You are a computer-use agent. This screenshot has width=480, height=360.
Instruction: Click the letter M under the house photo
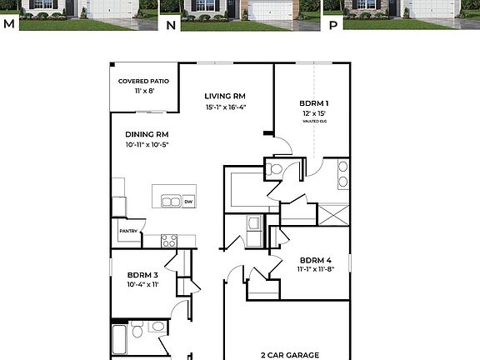click(x=9, y=24)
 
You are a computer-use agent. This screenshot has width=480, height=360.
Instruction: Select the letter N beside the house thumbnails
click(x=171, y=24)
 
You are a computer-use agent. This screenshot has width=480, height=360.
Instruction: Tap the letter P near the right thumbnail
click(x=334, y=24)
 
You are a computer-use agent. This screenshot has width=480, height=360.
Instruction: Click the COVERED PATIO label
click(x=143, y=81)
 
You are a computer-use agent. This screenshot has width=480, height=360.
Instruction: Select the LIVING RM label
click(x=226, y=96)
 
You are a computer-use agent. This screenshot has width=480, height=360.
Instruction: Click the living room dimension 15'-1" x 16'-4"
click(x=226, y=107)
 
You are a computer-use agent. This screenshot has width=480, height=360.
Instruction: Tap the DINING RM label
click(x=147, y=134)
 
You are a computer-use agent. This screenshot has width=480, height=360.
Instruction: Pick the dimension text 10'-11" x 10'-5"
click(x=147, y=145)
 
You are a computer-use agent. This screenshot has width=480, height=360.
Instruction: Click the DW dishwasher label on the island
click(x=188, y=202)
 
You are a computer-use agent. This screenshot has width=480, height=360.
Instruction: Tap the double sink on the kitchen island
click(x=171, y=202)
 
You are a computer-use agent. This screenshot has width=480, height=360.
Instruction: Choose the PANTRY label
click(x=127, y=231)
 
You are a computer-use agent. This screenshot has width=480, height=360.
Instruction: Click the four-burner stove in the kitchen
click(x=168, y=241)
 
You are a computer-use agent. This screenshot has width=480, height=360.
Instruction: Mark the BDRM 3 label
click(x=143, y=275)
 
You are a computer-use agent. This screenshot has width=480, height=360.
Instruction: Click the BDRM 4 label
click(x=316, y=259)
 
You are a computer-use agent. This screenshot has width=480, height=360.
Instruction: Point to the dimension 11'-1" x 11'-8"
click(x=316, y=269)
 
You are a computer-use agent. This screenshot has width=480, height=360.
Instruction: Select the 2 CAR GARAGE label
click(x=289, y=355)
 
